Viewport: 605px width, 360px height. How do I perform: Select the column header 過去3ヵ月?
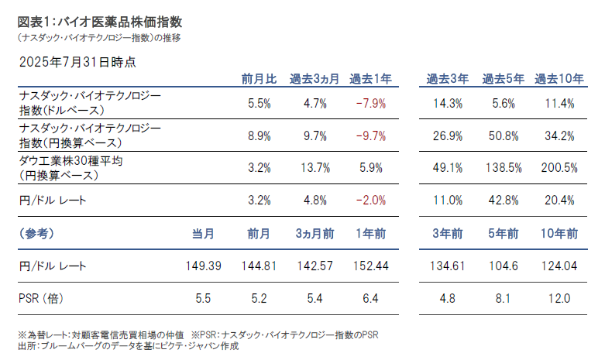[x=315, y=78]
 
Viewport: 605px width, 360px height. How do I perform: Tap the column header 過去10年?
[x=559, y=78]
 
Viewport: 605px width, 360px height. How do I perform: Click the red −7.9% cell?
[x=371, y=103]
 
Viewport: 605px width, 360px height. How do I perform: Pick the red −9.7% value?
[x=371, y=135]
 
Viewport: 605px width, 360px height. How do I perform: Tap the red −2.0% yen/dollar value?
[x=371, y=201]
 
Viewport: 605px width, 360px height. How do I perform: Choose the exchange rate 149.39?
[x=205, y=266]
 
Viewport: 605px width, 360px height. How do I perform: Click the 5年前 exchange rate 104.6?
[x=504, y=266]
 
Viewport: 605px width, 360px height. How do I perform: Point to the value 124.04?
[x=559, y=266]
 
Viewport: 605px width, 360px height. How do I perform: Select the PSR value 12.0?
[x=559, y=298]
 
